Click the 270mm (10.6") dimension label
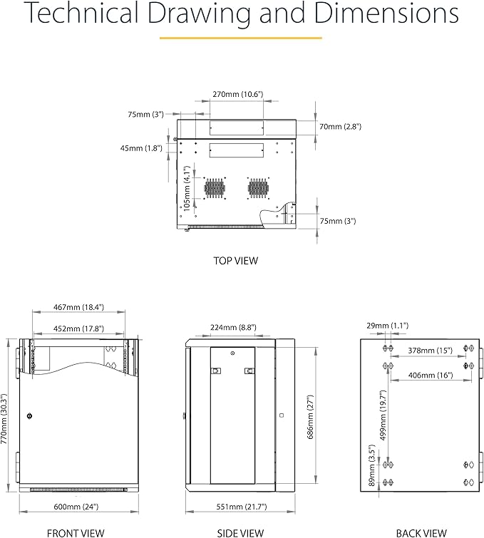237,94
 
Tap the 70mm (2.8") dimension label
341,126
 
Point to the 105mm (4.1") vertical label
187,190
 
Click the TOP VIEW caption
236,261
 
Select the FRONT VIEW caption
76,532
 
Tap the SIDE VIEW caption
240,532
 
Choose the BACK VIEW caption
421,532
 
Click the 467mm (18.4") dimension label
79,307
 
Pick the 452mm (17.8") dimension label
79,329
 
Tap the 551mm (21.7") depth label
240,507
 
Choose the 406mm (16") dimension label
431,375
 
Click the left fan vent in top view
215,187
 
